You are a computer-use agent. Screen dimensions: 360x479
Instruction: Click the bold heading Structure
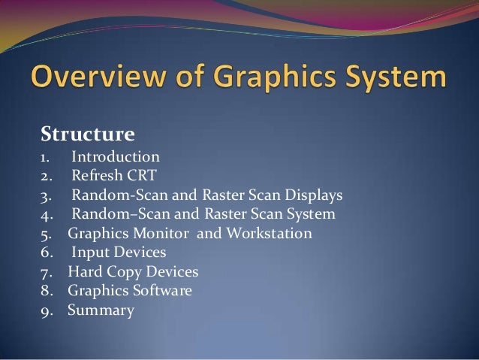pyautogui.click(x=87, y=135)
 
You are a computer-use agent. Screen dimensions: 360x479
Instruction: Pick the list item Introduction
pyautogui.click(x=116, y=157)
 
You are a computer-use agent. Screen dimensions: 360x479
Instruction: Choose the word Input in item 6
pyautogui.click(x=89, y=253)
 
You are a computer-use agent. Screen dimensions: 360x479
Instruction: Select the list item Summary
pyautogui.click(x=101, y=310)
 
